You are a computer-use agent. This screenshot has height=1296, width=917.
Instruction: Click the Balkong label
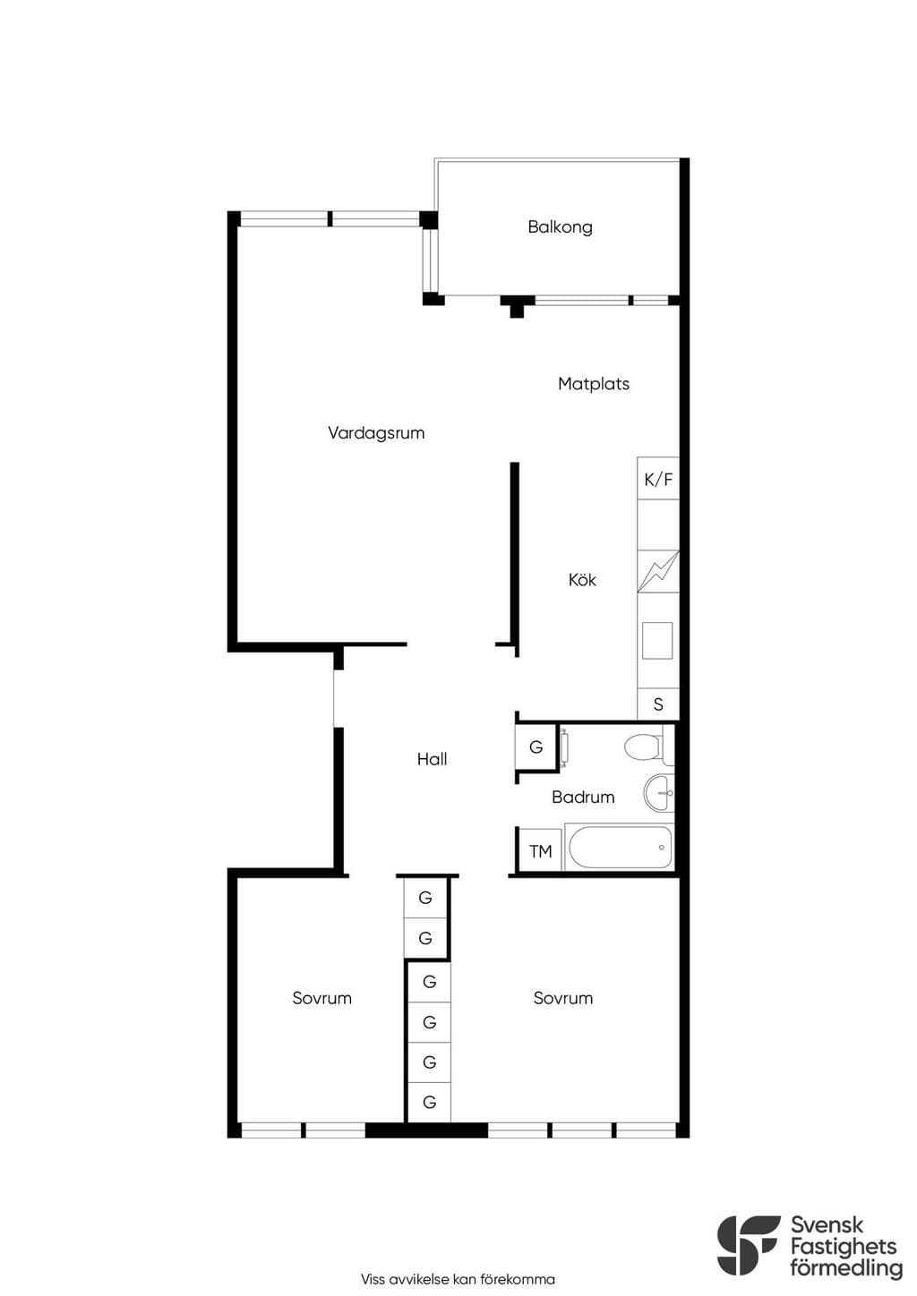coord(560,226)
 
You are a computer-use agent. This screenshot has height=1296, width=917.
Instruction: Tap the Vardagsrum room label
coord(376,433)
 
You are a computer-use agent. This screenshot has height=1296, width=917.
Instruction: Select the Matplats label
coord(594,384)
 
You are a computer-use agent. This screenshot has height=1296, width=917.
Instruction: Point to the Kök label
coord(582,580)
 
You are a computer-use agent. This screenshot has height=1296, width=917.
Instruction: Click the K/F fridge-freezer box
coord(658,479)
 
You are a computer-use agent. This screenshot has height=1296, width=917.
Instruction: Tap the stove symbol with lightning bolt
coord(658,572)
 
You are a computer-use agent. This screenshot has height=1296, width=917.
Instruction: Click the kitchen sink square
coord(657,641)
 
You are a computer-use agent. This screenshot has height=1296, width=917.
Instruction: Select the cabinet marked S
coord(658,704)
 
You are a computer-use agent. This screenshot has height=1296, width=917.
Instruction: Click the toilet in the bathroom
coord(649,747)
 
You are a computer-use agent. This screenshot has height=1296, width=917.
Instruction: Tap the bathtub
coord(620,848)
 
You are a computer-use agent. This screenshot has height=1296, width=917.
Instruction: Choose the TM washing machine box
coord(541,850)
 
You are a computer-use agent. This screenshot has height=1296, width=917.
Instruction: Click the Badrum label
coord(583,797)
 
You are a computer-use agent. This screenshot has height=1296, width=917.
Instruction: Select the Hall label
coord(432,759)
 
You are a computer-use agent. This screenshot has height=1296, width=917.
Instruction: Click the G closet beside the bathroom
coord(536,747)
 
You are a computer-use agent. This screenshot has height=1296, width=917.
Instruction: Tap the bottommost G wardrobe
coord(429,1102)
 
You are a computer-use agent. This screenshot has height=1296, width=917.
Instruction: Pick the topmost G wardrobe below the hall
coord(425,898)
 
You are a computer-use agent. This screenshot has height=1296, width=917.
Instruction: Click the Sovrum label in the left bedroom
coord(321,998)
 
